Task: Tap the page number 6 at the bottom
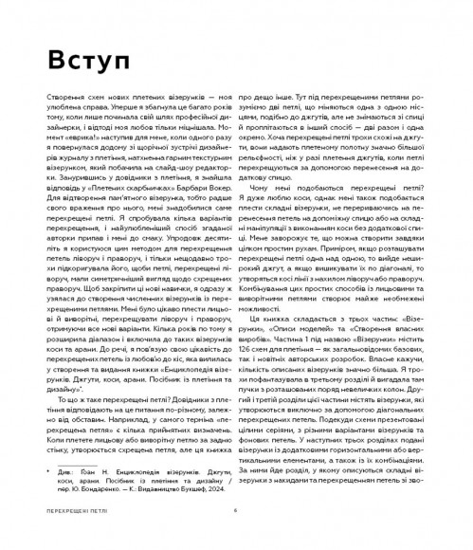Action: (235, 534)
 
